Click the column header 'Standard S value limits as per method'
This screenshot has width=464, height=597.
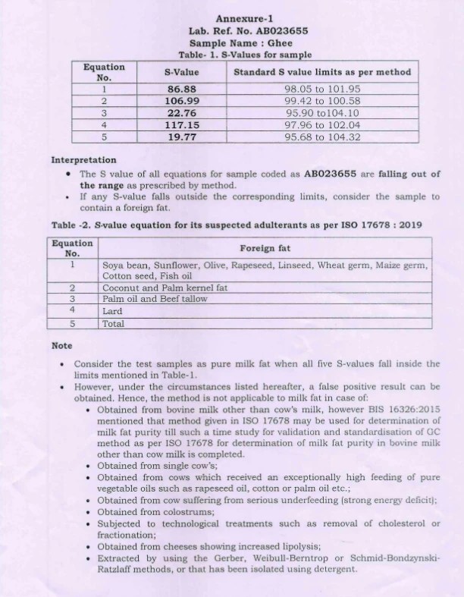322,72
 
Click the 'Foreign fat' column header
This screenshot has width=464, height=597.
265,248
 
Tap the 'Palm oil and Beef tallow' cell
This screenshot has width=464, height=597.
155,299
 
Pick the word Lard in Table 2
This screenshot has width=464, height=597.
112,310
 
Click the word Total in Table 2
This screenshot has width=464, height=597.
114,323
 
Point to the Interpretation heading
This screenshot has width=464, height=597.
83,160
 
